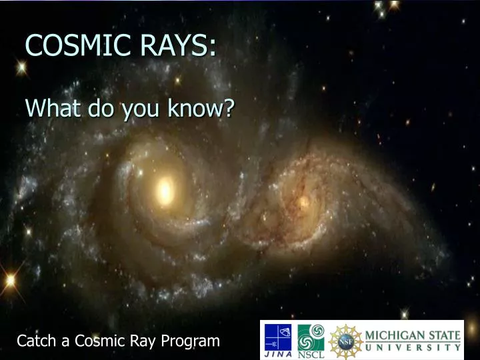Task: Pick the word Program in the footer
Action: click(192, 341)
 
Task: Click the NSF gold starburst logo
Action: click(345, 339)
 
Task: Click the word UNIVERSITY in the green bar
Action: click(413, 347)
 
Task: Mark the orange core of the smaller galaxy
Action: click(304, 201)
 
